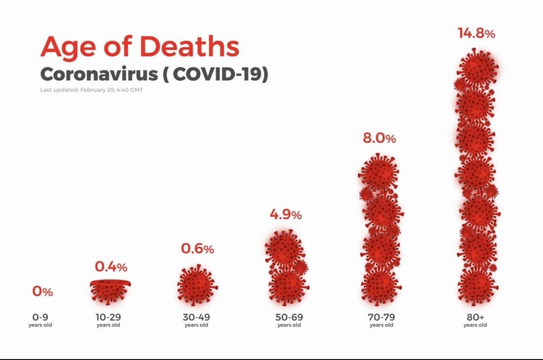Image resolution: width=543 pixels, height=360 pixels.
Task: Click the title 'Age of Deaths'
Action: click(139, 47)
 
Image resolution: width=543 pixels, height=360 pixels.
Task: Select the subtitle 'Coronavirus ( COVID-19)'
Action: click(154, 74)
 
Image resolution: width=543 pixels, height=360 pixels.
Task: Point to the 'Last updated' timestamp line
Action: click(91, 90)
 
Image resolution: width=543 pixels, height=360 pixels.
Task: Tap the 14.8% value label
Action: click(476, 33)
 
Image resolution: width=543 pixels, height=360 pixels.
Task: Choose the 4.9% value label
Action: click(285, 215)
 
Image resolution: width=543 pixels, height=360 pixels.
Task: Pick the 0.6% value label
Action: click(197, 249)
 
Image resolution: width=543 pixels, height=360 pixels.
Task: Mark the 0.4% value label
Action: click(111, 267)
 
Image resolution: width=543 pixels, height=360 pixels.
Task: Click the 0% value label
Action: click(42, 292)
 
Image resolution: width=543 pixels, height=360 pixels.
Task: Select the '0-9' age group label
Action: click(40, 318)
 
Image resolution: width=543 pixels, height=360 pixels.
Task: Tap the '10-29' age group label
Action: click(108, 318)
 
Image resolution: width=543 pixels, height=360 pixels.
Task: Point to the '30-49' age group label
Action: click(196, 318)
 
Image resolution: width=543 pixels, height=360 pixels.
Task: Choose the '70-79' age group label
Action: click(382, 318)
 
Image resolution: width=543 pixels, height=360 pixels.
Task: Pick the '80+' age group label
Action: click(475, 318)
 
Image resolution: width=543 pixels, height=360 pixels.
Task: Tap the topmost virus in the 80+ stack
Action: click(477, 68)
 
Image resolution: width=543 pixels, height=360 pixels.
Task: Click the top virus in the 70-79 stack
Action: click(379, 172)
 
